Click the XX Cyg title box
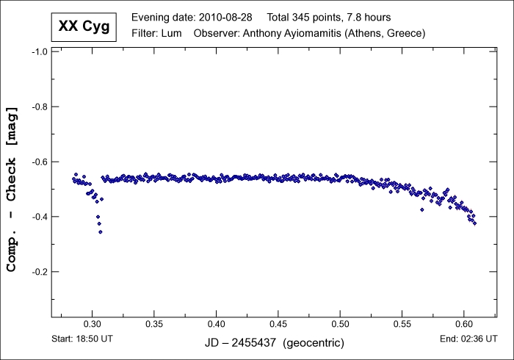point(84,26)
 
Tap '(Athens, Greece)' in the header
point(387,34)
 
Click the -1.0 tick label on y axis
point(38,52)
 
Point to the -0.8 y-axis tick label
point(38,107)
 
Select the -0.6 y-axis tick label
point(38,162)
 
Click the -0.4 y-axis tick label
point(38,217)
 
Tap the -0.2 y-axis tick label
point(38,272)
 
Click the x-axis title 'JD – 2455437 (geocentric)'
point(274,343)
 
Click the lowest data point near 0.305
point(100,231)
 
